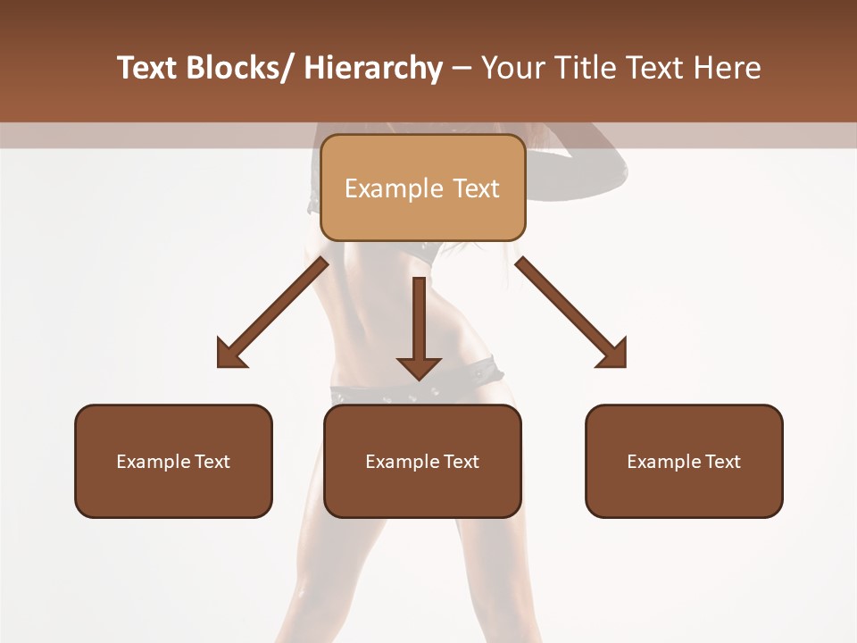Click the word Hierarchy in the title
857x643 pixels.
373,68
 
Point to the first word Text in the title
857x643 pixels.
147,68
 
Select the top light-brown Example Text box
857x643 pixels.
422,188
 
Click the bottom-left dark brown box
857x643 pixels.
173,461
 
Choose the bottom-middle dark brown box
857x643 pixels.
422,461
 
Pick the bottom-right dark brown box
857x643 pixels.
684,461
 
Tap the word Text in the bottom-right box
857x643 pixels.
722,462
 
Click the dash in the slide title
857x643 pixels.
462,68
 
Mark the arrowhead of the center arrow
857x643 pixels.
419,367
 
